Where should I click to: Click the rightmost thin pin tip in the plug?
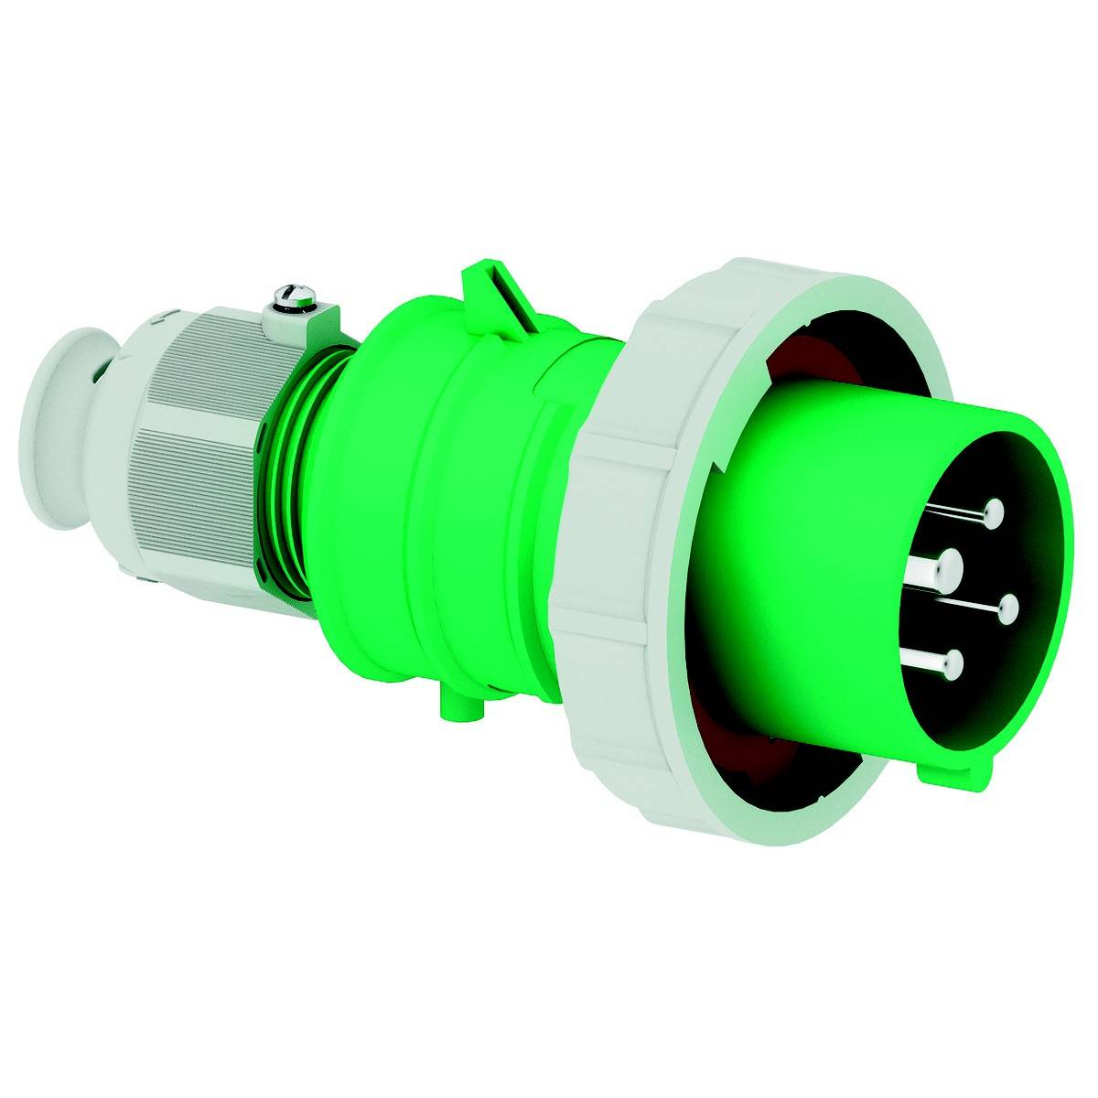1008,608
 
